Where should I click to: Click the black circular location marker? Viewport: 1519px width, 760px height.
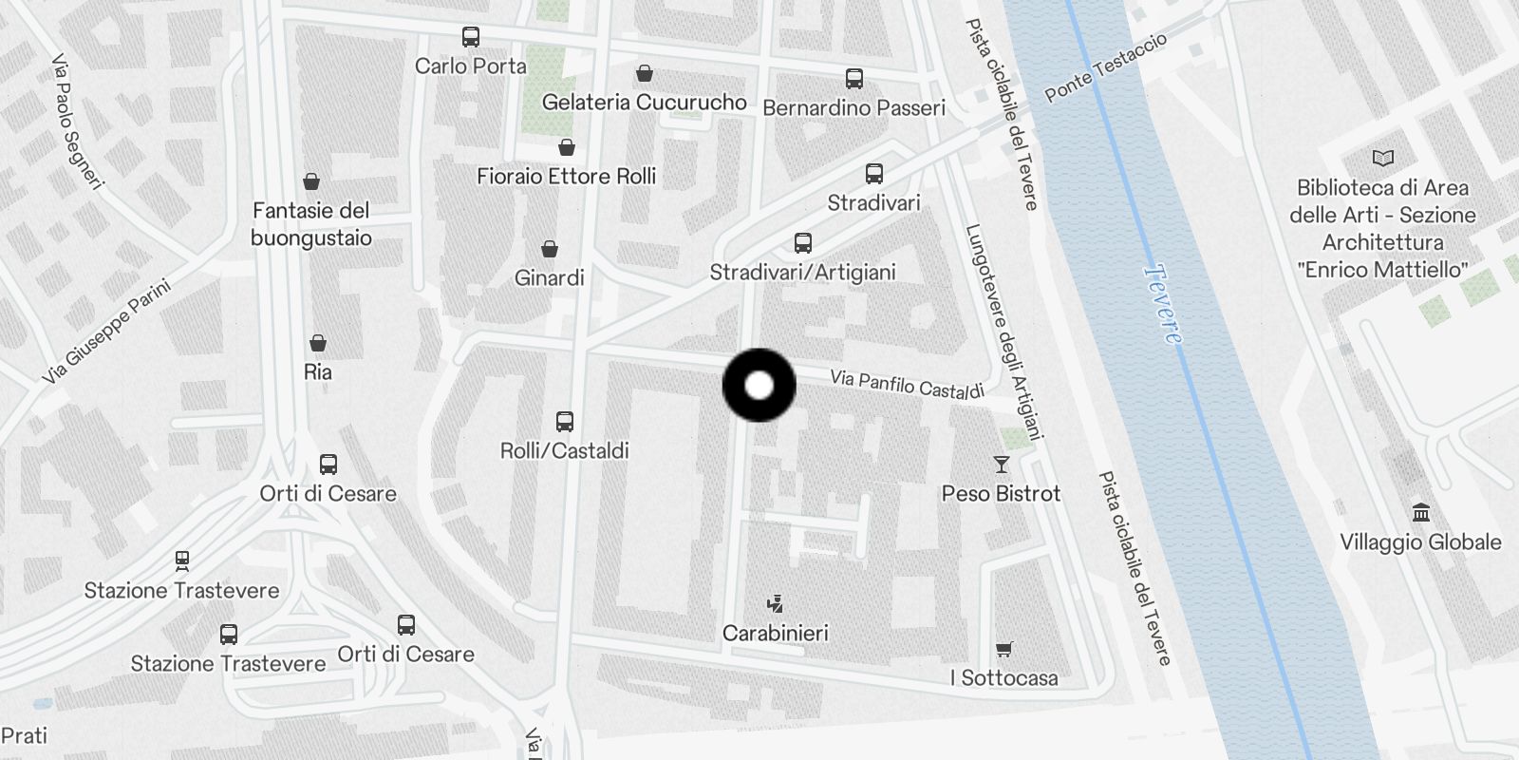click(759, 386)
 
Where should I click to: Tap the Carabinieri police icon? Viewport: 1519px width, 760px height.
click(776, 603)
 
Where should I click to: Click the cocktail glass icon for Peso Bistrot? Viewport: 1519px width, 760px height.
click(1001, 465)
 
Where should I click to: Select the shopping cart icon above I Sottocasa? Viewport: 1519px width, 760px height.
click(1003, 650)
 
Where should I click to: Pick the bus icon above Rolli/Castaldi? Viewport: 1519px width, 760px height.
click(565, 421)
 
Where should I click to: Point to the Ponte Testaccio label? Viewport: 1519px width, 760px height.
click(1105, 66)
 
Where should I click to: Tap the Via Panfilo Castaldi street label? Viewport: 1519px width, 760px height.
click(907, 384)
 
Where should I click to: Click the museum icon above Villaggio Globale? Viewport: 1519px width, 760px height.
click(1420, 513)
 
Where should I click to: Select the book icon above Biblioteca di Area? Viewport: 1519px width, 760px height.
click(1382, 159)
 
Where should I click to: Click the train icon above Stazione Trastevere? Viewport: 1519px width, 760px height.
click(181, 560)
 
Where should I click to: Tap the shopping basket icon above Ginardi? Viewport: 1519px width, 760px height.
click(549, 249)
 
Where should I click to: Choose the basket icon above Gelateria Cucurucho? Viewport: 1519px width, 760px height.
click(645, 73)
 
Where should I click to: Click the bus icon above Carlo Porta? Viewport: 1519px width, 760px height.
click(470, 37)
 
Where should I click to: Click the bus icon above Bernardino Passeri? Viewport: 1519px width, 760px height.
click(853, 79)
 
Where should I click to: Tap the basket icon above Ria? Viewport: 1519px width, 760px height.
click(318, 342)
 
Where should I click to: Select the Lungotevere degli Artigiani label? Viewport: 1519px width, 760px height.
click(1004, 332)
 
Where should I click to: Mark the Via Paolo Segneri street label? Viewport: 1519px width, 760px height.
click(76, 121)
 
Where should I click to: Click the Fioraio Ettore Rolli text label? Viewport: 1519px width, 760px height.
click(566, 176)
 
